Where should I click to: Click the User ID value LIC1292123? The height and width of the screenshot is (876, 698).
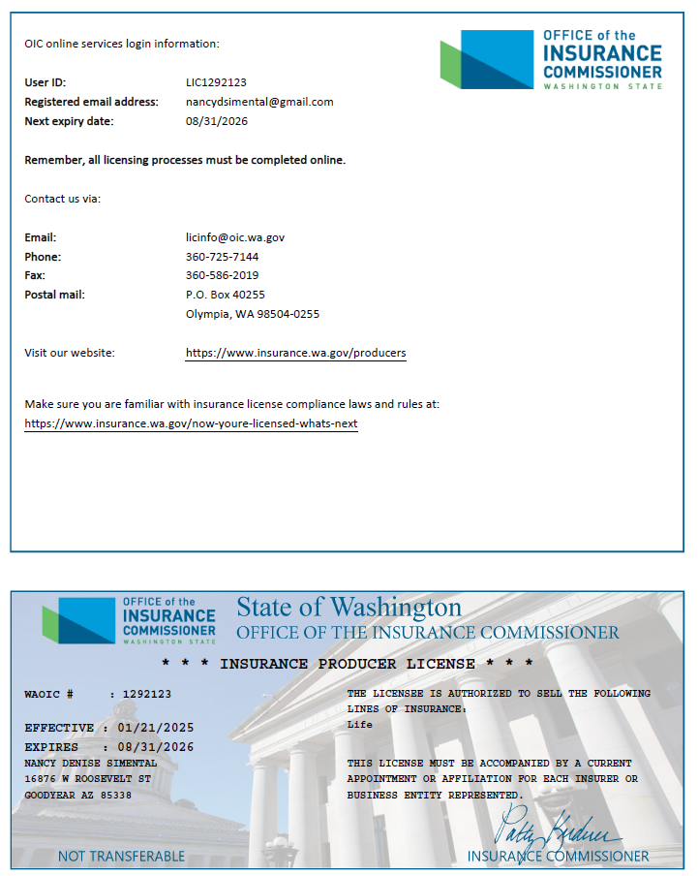tap(216, 82)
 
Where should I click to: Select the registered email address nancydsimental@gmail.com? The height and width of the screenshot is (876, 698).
tap(259, 102)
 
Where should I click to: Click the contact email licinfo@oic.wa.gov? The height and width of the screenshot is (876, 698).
tap(235, 237)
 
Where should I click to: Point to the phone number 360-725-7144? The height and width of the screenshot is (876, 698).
tap(222, 257)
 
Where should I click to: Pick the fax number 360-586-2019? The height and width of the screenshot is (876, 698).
tap(222, 275)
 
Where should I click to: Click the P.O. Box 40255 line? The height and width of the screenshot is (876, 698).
tap(225, 295)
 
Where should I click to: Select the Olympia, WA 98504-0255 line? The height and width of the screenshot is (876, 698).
tap(252, 314)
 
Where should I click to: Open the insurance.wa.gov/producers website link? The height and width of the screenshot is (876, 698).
tap(295, 353)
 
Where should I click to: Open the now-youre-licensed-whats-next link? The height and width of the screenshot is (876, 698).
tap(191, 423)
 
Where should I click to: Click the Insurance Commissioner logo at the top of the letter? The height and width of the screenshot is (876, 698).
tap(551, 60)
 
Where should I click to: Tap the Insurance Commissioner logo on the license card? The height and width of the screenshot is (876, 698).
tap(129, 621)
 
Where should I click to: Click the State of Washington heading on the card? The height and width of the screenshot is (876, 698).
tap(349, 608)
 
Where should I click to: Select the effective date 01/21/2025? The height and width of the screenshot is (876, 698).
tap(155, 728)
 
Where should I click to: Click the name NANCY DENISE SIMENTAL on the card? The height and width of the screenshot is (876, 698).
tap(90, 764)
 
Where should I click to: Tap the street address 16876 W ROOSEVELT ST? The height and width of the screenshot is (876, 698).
tap(87, 779)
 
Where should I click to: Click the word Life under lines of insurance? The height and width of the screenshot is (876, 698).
tap(359, 725)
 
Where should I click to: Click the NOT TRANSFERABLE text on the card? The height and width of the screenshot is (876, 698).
tap(121, 856)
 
